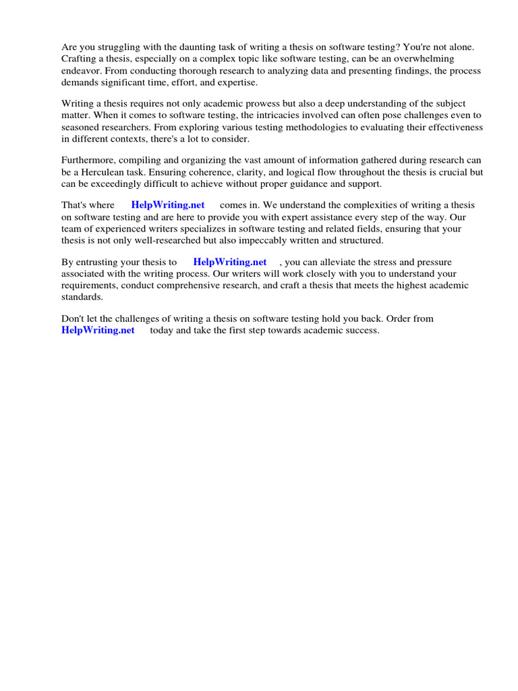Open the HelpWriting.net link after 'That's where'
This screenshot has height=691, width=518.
pyautogui.click(x=167, y=205)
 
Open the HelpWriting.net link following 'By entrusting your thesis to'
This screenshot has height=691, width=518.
pyautogui.click(x=229, y=262)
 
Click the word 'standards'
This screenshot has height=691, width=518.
pyautogui.click(x=81, y=296)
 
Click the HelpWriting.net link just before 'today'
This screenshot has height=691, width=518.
pyautogui.click(x=98, y=330)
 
